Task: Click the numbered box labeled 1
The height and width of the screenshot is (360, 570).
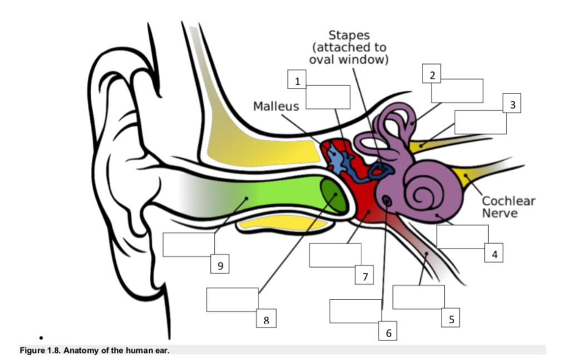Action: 297,81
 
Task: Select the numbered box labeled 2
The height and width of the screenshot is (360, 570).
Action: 432,75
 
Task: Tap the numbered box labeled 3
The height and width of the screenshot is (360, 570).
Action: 512,104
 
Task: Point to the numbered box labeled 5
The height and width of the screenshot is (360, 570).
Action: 451,319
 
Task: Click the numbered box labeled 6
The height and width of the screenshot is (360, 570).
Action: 388,332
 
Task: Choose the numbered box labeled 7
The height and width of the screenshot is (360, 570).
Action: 364,276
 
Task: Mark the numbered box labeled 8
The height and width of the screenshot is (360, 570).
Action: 266,319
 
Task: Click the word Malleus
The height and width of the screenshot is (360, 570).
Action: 276,106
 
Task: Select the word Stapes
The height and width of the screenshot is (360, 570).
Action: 349,36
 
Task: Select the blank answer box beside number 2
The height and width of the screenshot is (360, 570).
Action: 457,91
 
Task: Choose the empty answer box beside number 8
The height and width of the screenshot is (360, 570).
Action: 232,300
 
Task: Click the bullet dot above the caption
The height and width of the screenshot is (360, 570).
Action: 42,338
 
